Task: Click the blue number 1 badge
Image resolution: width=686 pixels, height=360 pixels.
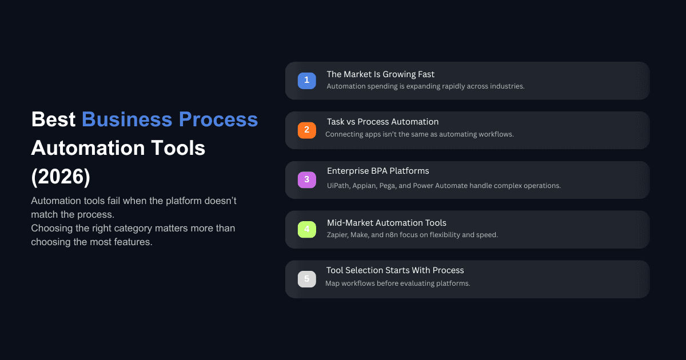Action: tap(306, 81)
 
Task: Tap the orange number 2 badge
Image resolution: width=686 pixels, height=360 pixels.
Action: tap(306, 130)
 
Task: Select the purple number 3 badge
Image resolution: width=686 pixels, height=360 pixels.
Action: tap(306, 179)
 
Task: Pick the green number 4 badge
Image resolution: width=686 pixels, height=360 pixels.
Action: tap(306, 229)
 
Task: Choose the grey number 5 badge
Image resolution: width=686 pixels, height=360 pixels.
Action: tap(306, 279)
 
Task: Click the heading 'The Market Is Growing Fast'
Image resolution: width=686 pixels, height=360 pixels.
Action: tap(380, 74)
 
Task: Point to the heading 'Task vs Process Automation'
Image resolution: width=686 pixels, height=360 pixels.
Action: tap(382, 122)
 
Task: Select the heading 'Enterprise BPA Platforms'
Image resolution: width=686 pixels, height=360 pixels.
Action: tap(377, 171)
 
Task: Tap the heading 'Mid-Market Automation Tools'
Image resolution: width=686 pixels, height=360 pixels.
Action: tap(386, 223)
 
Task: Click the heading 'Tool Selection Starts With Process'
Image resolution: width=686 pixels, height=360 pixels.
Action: tap(395, 270)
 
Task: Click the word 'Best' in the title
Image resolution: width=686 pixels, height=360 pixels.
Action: tap(53, 119)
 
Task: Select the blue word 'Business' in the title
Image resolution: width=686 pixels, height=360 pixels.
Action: tap(127, 119)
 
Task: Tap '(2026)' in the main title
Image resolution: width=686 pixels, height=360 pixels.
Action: tap(61, 177)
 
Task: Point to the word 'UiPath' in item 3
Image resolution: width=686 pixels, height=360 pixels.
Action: tap(338, 186)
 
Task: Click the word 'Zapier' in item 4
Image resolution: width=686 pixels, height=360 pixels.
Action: tap(338, 235)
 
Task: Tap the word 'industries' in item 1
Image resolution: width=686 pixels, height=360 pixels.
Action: tap(506, 86)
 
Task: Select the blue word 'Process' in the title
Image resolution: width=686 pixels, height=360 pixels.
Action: tap(218, 119)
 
